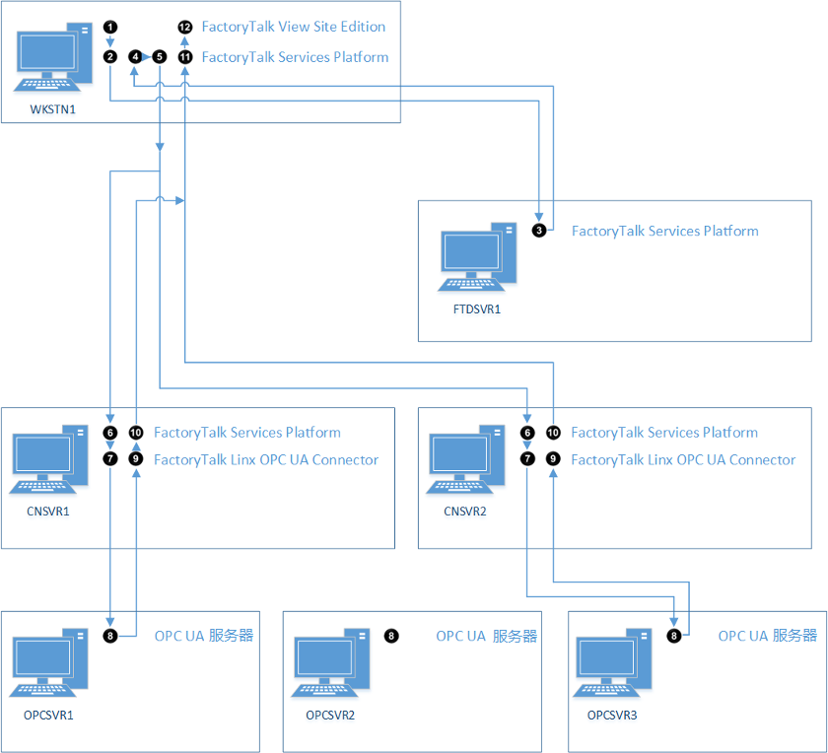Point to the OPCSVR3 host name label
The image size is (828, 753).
pos(611,716)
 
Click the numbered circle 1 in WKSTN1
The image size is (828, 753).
pos(110,26)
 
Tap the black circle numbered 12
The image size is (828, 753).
pos(185,27)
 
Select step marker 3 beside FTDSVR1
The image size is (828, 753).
pos(538,231)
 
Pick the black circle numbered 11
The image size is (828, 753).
pos(185,57)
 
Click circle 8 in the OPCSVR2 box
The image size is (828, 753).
pos(391,636)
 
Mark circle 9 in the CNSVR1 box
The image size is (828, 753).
pos(136,459)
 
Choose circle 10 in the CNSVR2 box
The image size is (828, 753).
pos(553,433)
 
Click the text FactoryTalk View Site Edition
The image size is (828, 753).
pos(294,27)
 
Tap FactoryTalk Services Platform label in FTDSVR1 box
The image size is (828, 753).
pos(665,231)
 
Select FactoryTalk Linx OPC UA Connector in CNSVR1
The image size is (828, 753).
pos(266,459)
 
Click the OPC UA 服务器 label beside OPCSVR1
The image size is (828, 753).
pos(204,636)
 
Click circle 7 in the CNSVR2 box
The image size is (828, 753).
pos(528,459)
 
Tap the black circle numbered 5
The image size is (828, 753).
pos(159,57)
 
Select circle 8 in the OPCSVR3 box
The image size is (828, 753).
pos(674,636)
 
